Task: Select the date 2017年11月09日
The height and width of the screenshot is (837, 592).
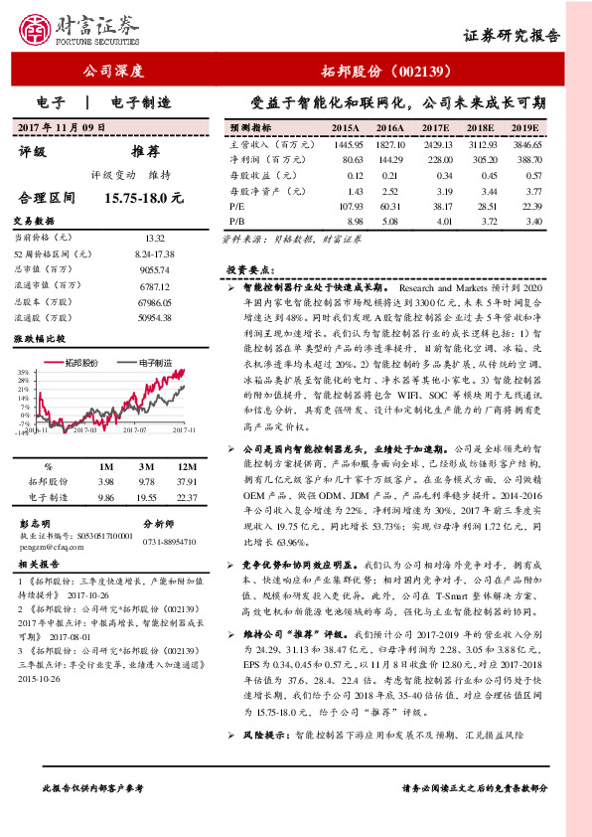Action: [62, 128]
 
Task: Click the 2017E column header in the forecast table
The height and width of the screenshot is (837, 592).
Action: [437, 129]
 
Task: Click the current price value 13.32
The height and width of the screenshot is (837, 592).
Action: [154, 239]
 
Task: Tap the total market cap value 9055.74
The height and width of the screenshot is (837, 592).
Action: [154, 270]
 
